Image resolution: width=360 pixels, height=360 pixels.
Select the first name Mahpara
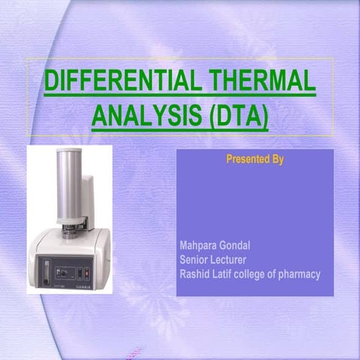coord(199,246)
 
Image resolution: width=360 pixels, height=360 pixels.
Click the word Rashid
coord(196,274)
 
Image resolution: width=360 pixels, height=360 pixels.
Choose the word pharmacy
coord(300,274)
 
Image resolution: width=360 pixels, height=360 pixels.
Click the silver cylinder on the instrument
coord(69,187)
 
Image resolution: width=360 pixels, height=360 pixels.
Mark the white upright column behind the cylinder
coord(88,199)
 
